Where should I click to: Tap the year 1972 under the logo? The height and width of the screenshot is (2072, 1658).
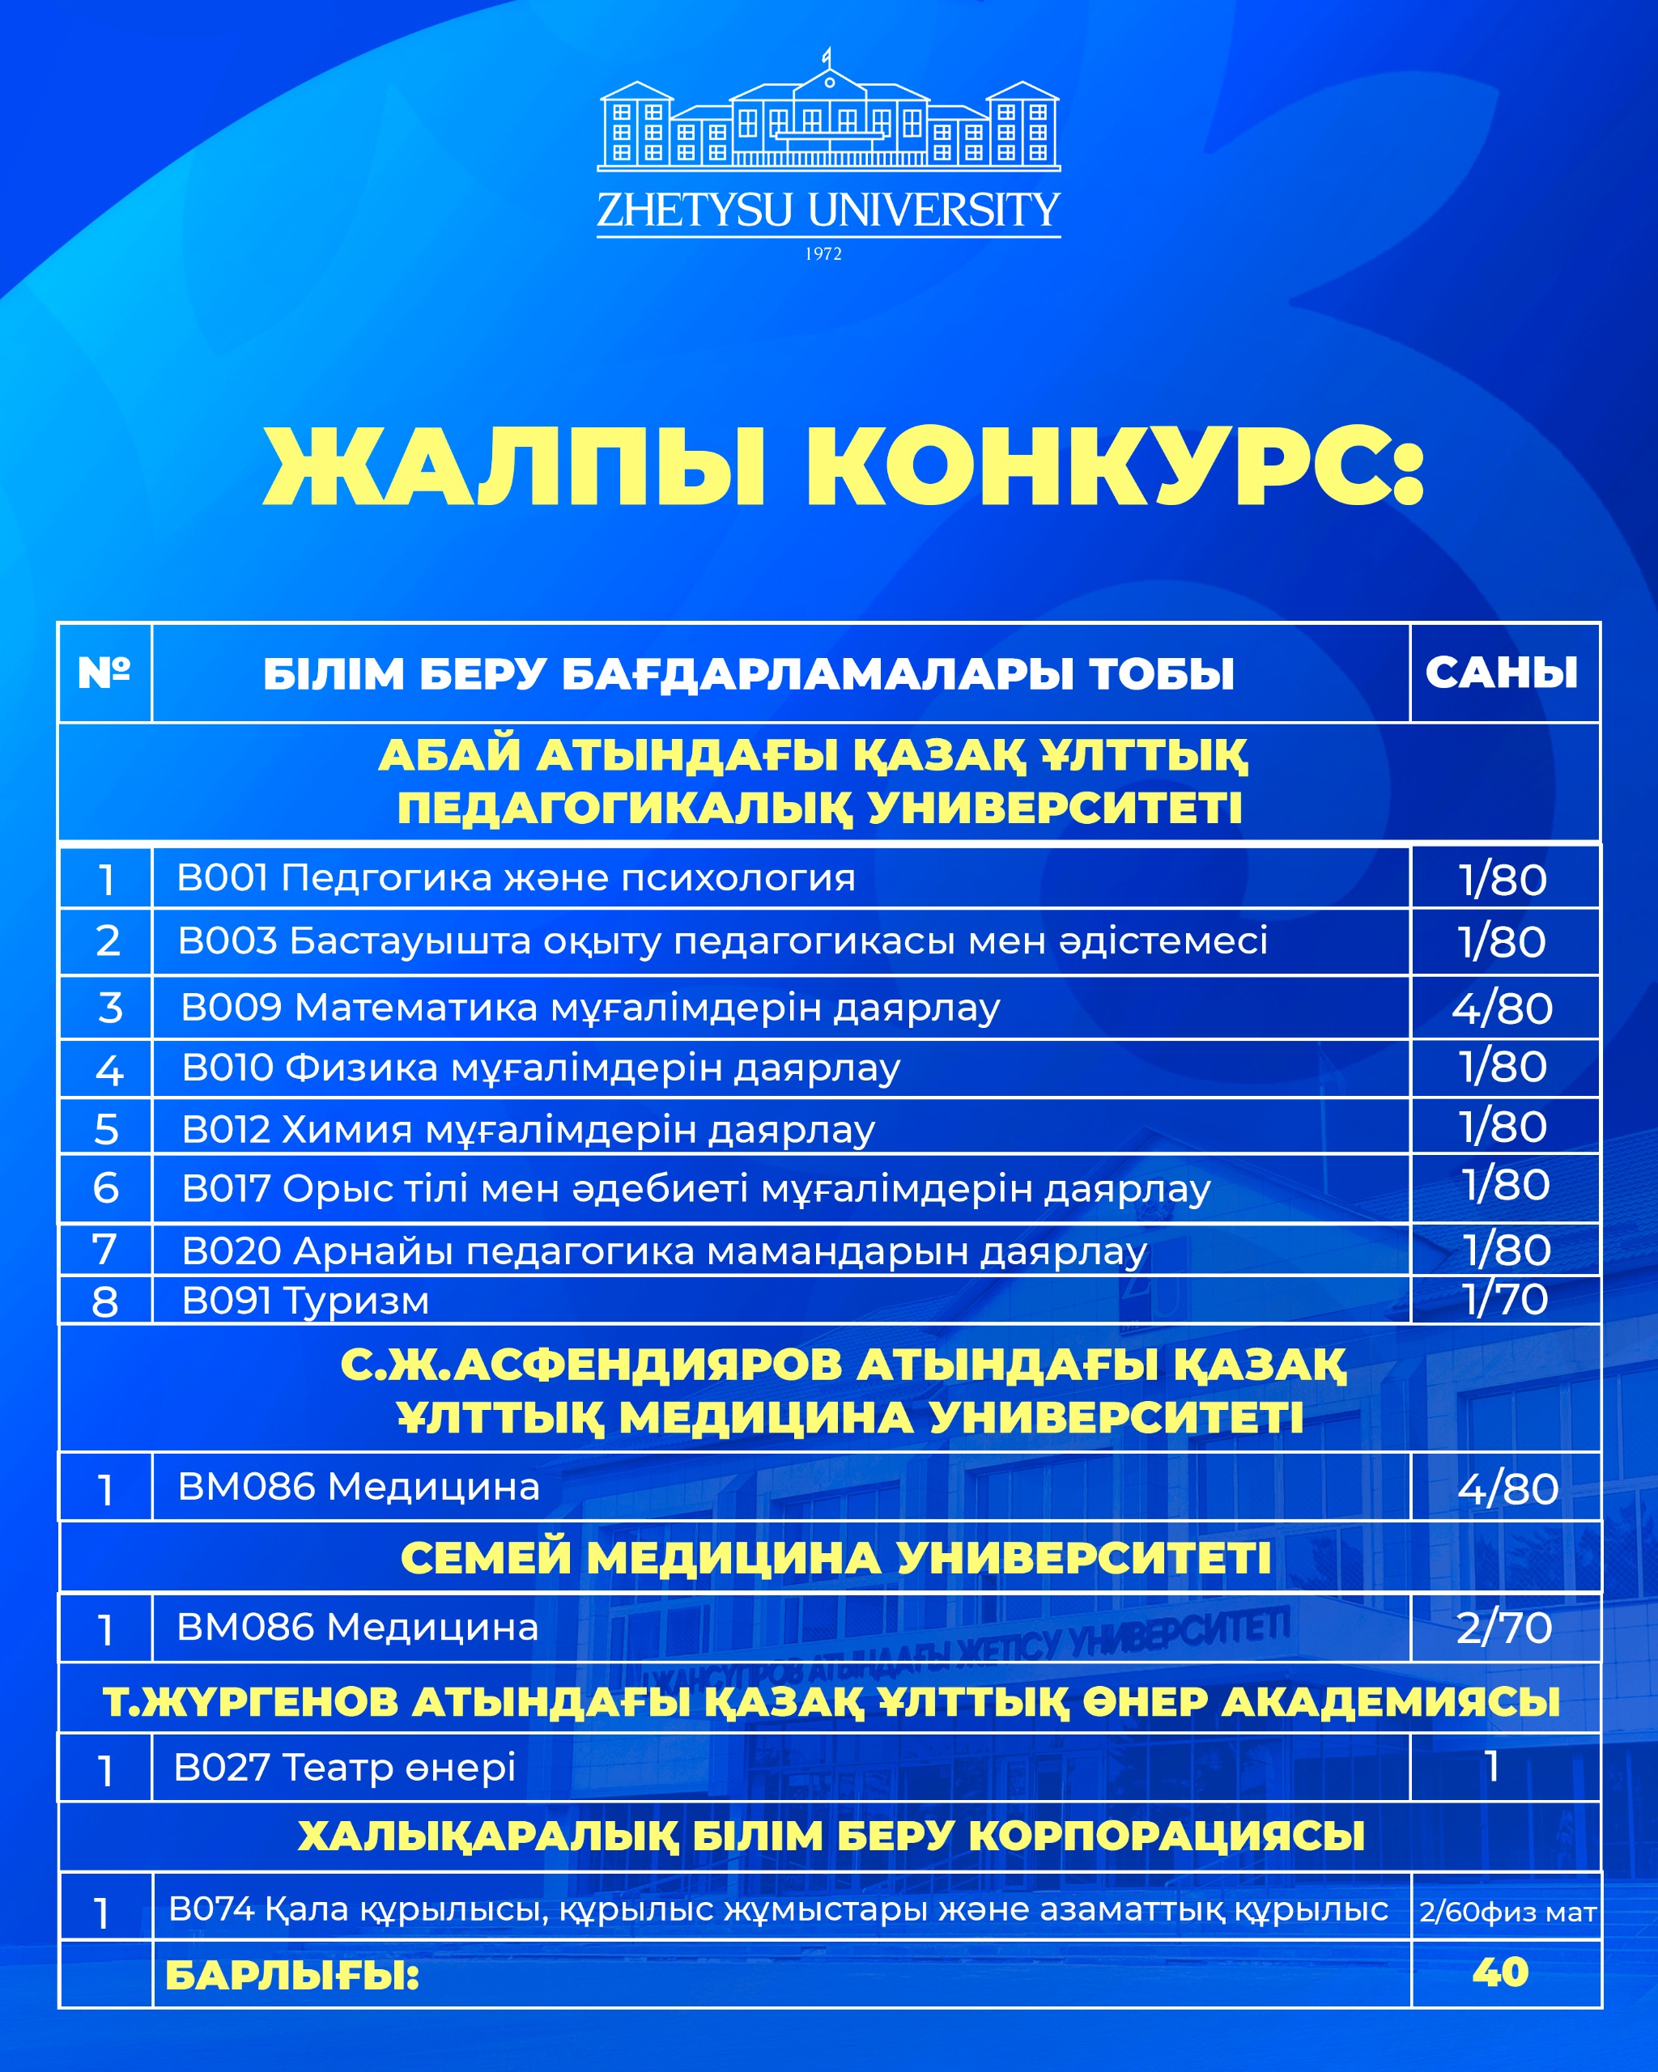(x=823, y=253)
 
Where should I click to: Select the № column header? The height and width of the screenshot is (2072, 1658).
(x=104, y=673)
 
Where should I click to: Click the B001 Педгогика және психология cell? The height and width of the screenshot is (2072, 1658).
(x=517, y=877)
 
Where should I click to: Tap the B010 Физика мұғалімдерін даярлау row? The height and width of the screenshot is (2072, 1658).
(x=541, y=1068)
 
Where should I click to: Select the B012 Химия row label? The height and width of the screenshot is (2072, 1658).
(x=529, y=1129)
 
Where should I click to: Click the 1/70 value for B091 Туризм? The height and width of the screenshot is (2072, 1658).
(x=1505, y=1299)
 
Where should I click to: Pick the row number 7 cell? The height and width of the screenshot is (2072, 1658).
(x=104, y=1250)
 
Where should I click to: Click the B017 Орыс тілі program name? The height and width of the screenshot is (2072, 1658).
(x=696, y=1189)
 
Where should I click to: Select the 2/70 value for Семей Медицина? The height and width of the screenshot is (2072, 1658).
(x=1504, y=1628)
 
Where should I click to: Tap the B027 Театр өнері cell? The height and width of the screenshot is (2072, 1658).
(x=345, y=1766)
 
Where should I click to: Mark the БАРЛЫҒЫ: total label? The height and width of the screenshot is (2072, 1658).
(x=292, y=1976)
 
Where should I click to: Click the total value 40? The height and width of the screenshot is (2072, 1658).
(x=1500, y=1973)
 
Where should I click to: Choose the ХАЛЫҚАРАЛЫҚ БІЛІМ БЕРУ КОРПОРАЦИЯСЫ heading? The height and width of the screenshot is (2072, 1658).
(x=831, y=1836)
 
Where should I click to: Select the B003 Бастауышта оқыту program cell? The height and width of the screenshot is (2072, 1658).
(x=723, y=940)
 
